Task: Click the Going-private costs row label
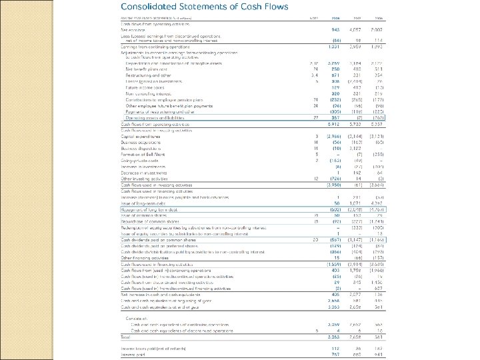click(133, 159)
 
